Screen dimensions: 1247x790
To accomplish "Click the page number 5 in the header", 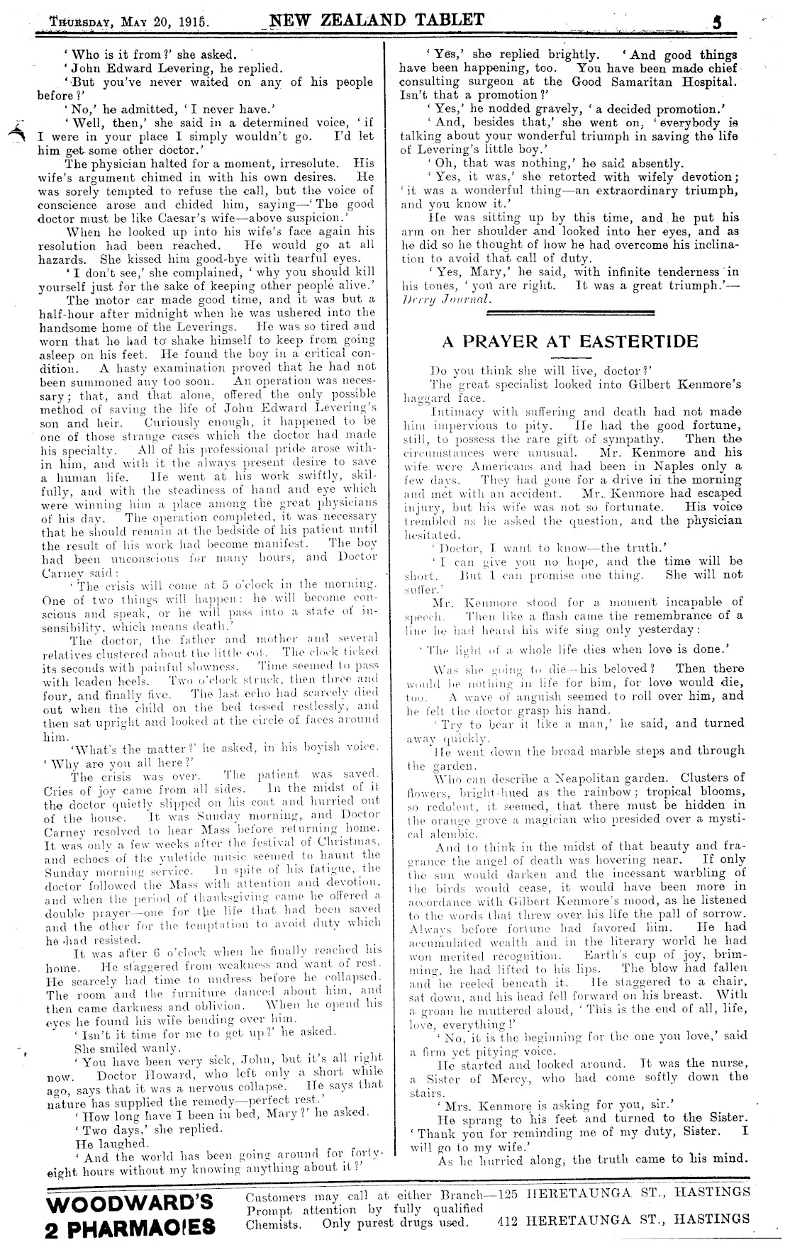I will coord(717,21).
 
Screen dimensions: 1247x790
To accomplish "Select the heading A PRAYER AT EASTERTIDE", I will coord(570,342).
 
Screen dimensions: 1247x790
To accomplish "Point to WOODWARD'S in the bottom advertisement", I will coord(129,1202).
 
